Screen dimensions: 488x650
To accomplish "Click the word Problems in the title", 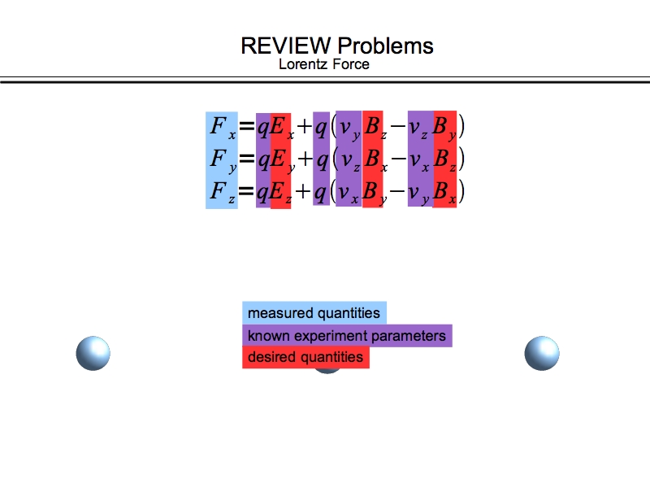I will tap(385, 46).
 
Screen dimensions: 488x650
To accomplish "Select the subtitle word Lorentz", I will tap(302, 64).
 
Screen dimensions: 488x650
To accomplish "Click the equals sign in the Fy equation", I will tap(247, 160).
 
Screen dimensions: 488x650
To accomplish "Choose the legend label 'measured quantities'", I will tap(314, 313).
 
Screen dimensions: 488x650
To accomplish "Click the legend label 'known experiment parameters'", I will tap(347, 336).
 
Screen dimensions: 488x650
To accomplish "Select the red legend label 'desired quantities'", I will tap(305, 357).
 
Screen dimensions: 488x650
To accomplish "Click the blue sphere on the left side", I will tap(93, 352).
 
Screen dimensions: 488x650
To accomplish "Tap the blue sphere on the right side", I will tap(542, 352).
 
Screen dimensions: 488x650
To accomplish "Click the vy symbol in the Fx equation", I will tap(349, 129).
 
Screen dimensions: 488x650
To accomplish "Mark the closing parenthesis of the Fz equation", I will tap(461, 193).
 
